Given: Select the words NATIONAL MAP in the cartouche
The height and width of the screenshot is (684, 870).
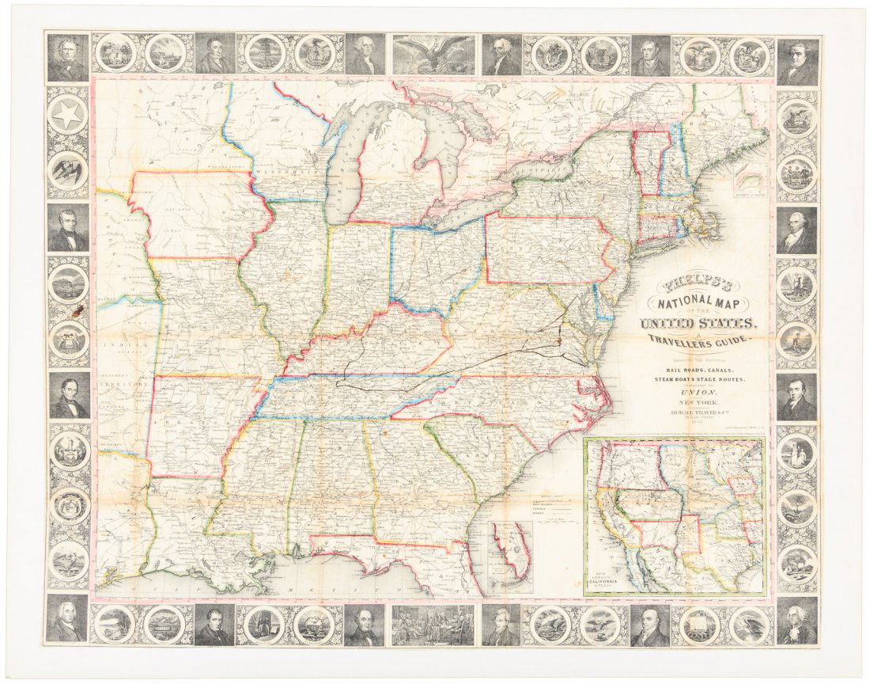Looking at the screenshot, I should pyautogui.click(x=699, y=302).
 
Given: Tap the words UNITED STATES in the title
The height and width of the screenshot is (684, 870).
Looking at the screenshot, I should pyautogui.click(x=701, y=322).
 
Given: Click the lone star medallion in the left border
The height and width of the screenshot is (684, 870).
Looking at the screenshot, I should pyautogui.click(x=67, y=116).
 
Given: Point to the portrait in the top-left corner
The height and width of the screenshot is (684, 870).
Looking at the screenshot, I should pyautogui.click(x=67, y=57).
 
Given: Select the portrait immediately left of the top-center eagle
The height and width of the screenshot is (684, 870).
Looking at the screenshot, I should pyautogui.click(x=365, y=54).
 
